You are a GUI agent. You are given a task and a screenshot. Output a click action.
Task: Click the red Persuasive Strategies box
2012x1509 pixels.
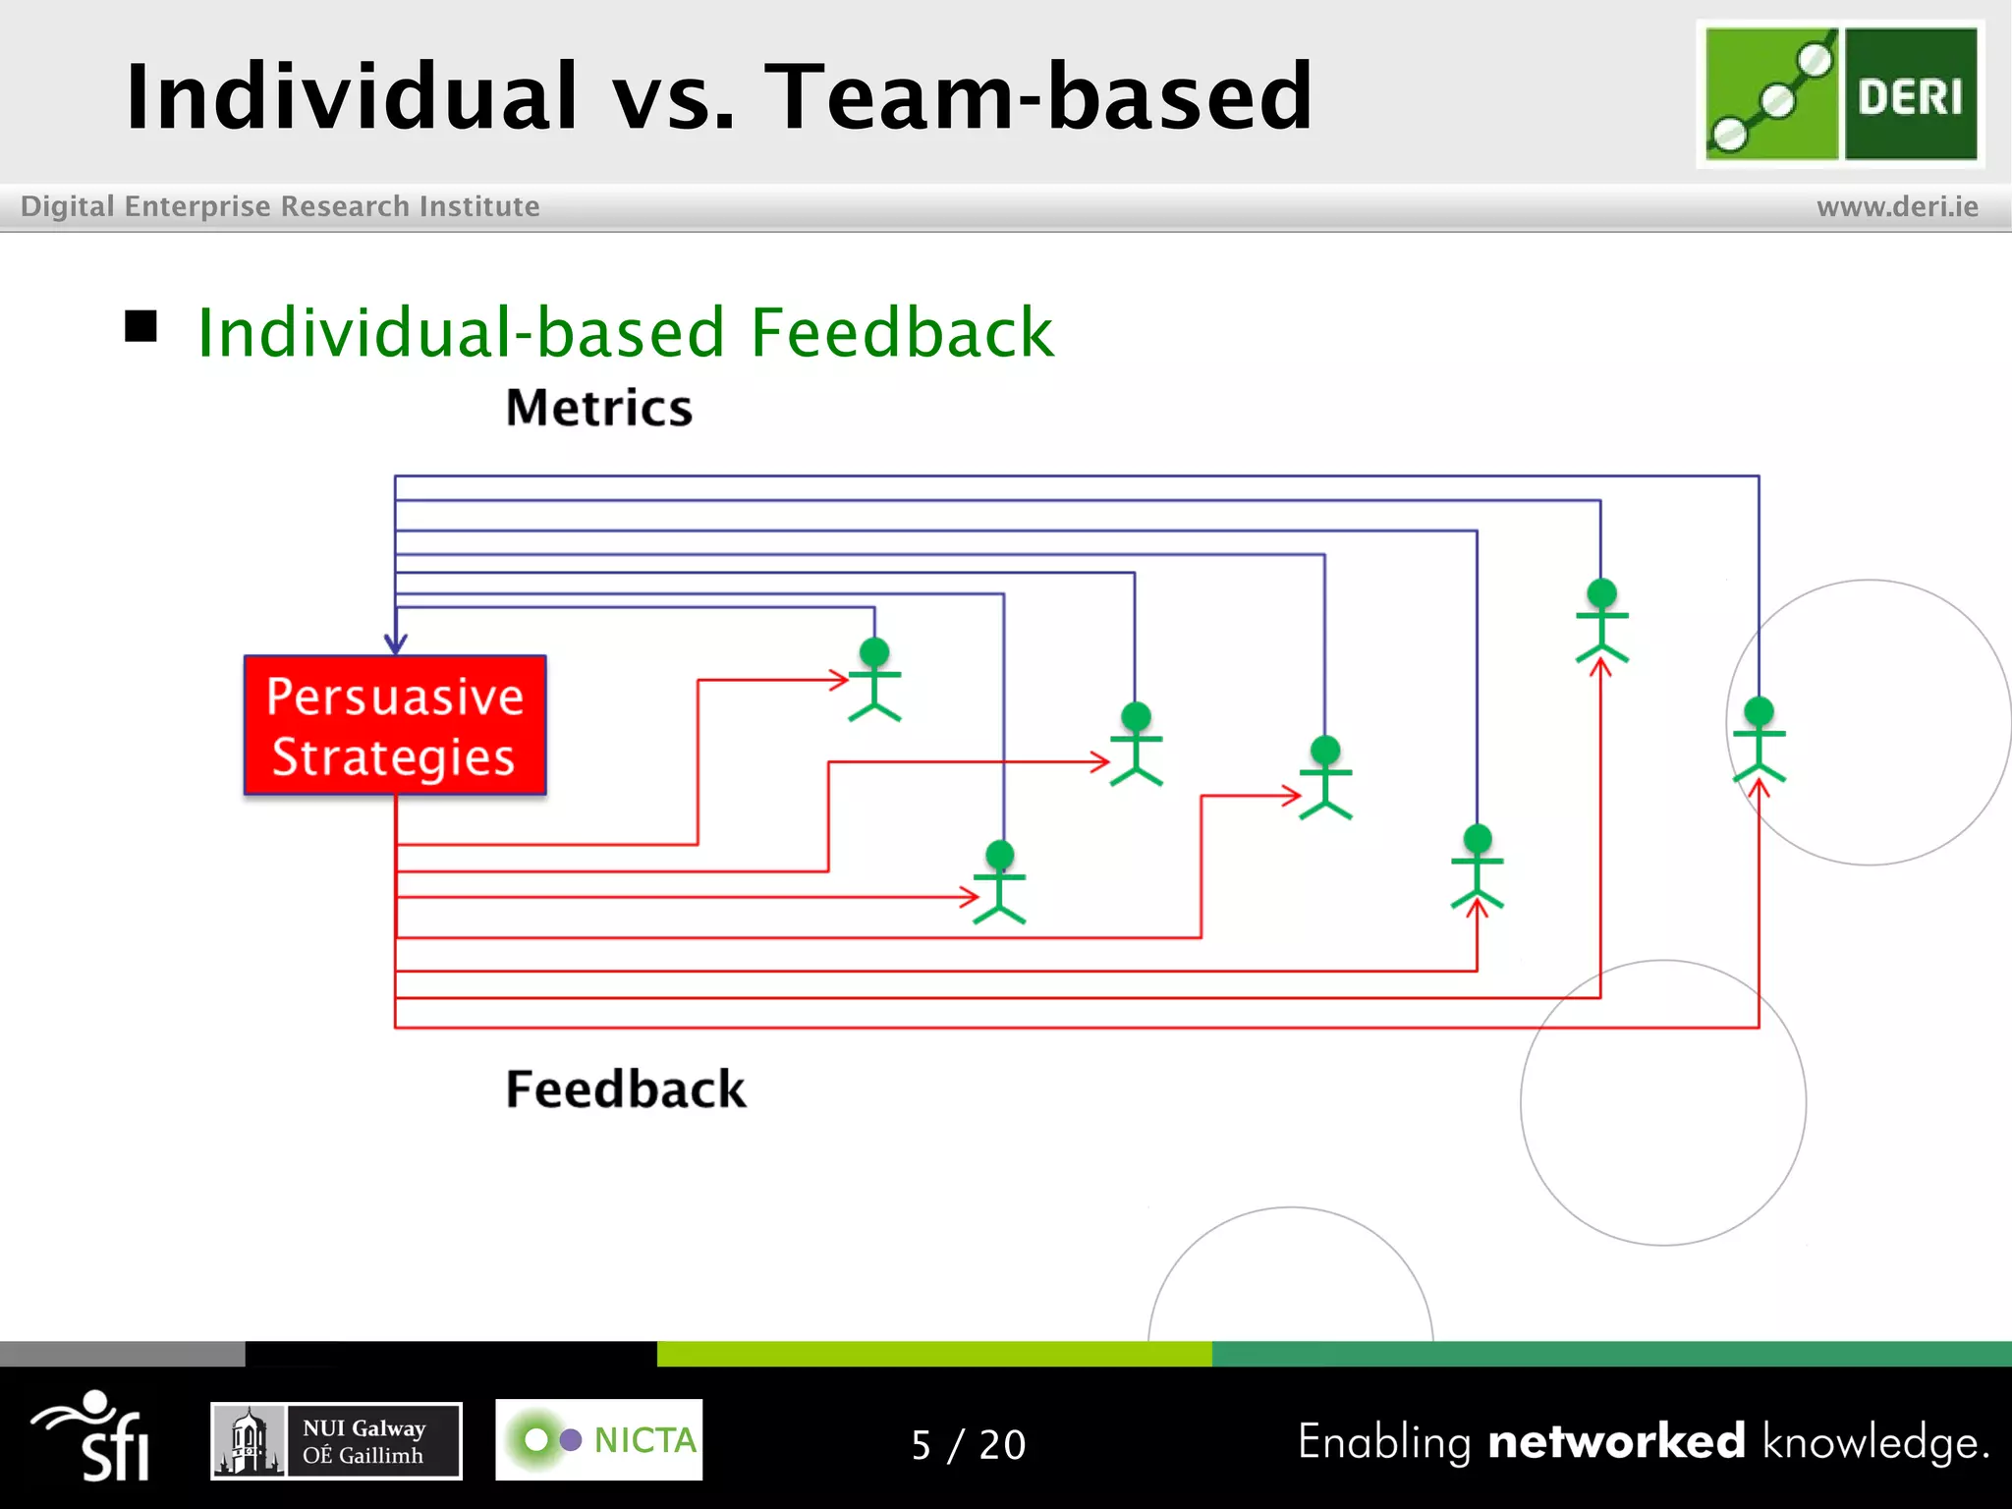click(395, 725)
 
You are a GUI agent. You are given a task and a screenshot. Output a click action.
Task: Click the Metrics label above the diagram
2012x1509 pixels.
click(598, 408)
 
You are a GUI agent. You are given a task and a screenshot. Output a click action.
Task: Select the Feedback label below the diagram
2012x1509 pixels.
click(625, 1089)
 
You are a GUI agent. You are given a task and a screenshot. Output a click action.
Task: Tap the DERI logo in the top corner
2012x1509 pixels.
click(1840, 94)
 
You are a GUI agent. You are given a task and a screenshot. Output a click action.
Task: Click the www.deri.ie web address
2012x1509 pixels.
click(1897, 206)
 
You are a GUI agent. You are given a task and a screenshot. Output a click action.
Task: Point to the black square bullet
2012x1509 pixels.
click(141, 326)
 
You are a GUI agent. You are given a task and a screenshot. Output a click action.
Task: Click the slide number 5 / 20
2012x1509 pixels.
click(968, 1444)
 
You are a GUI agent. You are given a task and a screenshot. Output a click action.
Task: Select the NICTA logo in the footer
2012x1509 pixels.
click(598, 1439)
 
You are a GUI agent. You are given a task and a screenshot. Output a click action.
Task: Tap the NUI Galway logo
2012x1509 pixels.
click(336, 1440)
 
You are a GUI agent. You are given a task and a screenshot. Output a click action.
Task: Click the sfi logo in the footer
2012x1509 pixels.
click(93, 1436)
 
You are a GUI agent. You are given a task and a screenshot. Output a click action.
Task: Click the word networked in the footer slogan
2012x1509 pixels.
click(1616, 1441)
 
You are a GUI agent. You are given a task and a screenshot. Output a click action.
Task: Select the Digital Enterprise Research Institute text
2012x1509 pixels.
click(280, 206)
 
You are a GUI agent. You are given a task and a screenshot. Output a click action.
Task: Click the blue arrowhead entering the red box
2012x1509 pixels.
click(395, 643)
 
